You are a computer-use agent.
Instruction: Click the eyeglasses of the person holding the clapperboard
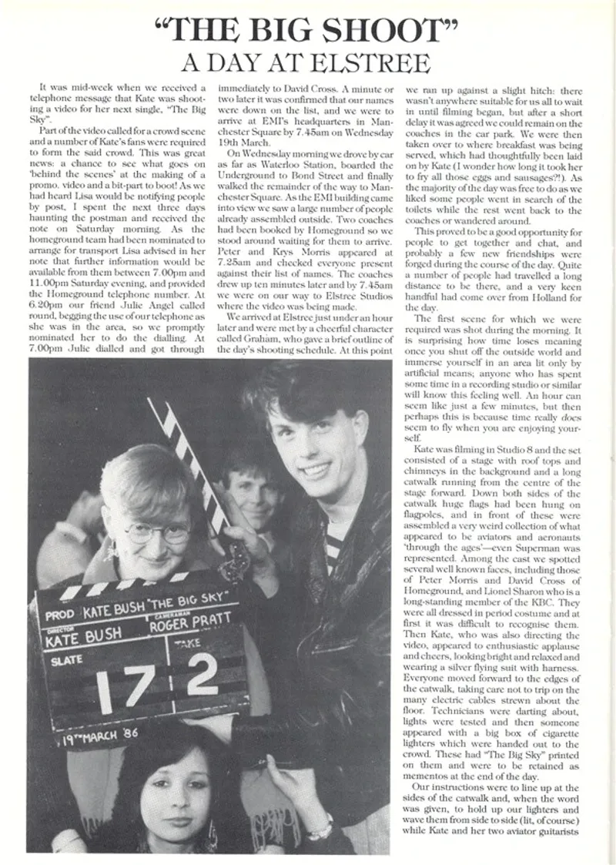159,532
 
